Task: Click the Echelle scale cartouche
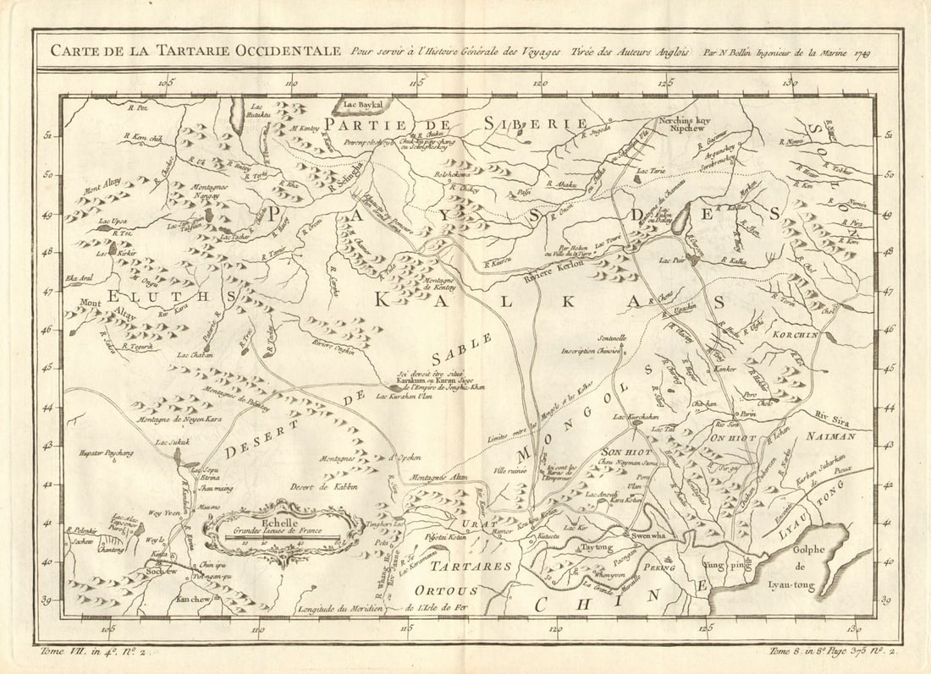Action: tap(274, 529)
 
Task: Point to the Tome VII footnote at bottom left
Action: tap(92, 651)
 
